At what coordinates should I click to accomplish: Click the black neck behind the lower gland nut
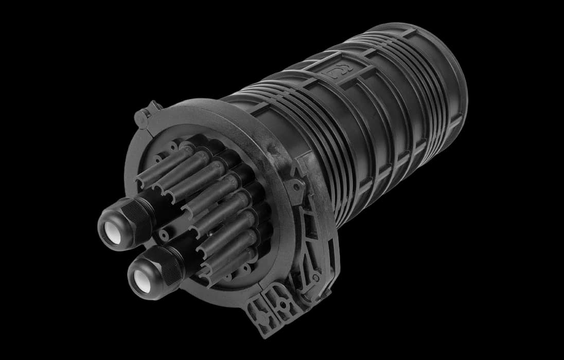click(180, 252)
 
